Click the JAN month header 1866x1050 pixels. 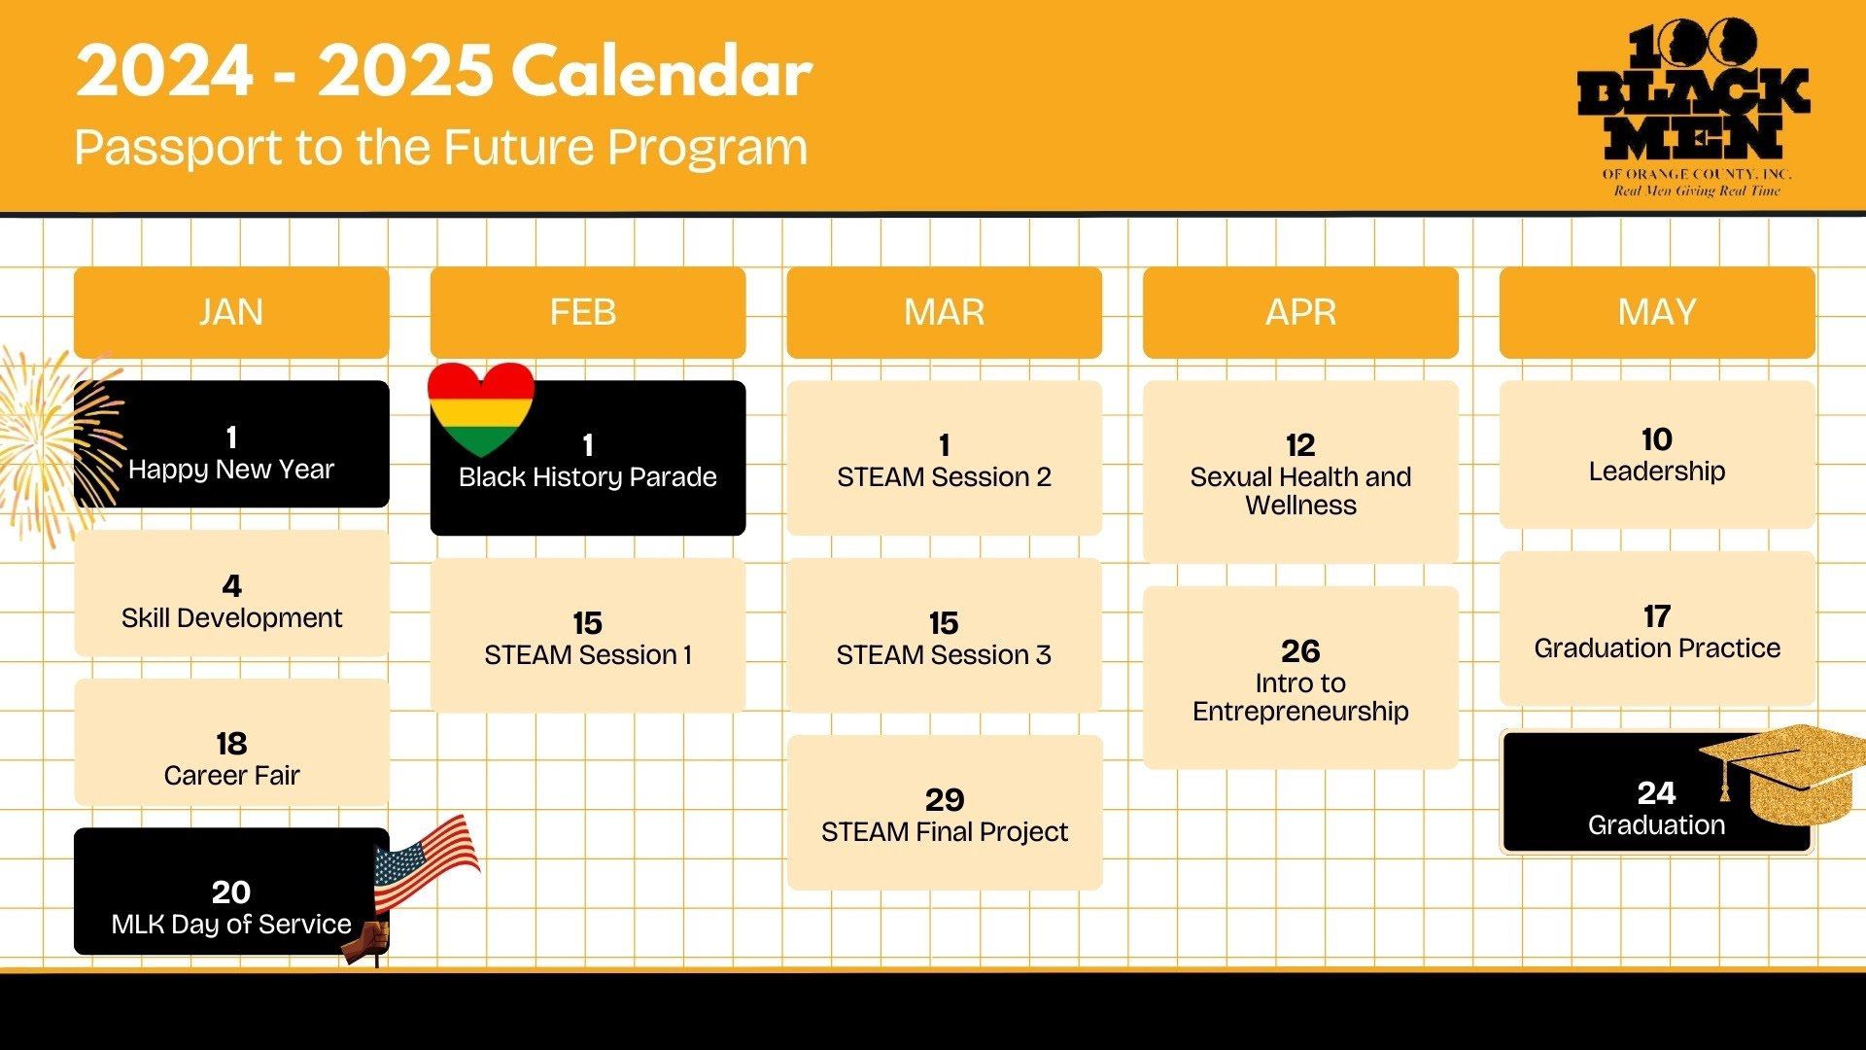tap(231, 312)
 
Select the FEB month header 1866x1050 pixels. tap(588, 312)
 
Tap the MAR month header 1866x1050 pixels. tap(945, 312)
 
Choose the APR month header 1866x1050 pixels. tap(1301, 312)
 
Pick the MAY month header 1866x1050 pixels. tap(1657, 312)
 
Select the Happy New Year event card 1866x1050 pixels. tap(231, 443)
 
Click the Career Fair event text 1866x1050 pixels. tap(231, 776)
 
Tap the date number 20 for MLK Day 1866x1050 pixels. tap(231, 892)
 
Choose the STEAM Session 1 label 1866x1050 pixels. tap(588, 655)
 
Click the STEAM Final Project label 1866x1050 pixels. tap(945, 832)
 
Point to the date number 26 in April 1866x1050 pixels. tap(1300, 650)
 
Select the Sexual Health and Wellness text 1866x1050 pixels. tap(1300, 491)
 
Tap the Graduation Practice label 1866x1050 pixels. tap(1657, 648)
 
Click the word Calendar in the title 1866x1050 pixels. tap(662, 72)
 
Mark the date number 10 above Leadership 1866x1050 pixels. tap(1657, 439)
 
